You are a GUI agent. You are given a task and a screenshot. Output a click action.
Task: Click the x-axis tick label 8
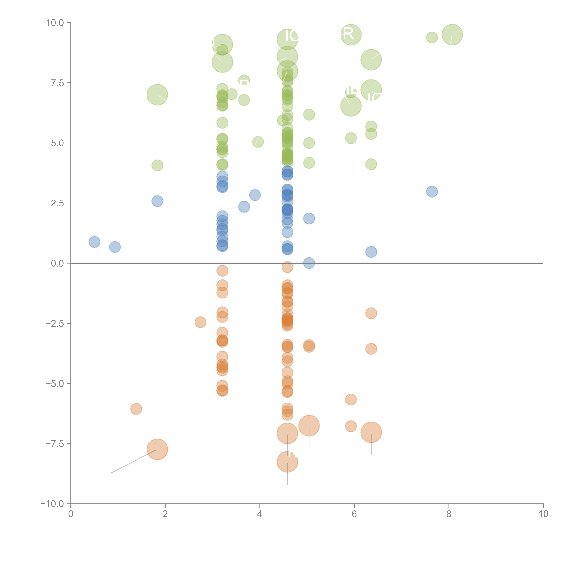pos(449,514)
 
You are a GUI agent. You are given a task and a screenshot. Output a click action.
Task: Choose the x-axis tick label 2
pos(165,514)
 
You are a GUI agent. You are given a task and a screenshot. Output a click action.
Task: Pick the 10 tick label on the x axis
pos(543,514)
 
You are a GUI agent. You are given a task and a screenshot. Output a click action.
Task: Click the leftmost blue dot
pos(94,242)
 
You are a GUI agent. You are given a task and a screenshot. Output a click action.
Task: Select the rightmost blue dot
pos(432,192)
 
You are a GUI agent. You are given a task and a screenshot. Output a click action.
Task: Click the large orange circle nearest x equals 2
pos(157,449)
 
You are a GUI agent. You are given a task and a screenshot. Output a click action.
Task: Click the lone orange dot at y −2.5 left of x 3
pos(200,322)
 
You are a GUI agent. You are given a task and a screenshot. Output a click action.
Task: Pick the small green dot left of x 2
pos(157,165)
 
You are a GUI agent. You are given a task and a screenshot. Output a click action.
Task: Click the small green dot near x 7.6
pos(432,37)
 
